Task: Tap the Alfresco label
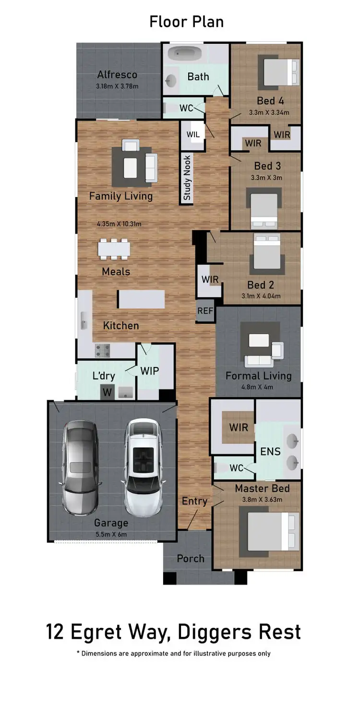(x=117, y=75)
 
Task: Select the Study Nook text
(x=187, y=178)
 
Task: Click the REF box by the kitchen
(x=205, y=311)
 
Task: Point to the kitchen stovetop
(x=102, y=351)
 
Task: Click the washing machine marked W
(x=108, y=392)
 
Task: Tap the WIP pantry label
(x=149, y=371)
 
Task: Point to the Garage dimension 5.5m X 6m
(x=111, y=534)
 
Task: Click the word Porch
(x=191, y=559)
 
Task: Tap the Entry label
(x=194, y=501)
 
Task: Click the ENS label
(x=270, y=452)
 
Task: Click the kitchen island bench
(x=142, y=300)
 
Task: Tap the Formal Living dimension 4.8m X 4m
(x=258, y=387)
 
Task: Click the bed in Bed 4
(x=280, y=72)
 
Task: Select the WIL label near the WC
(x=193, y=134)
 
